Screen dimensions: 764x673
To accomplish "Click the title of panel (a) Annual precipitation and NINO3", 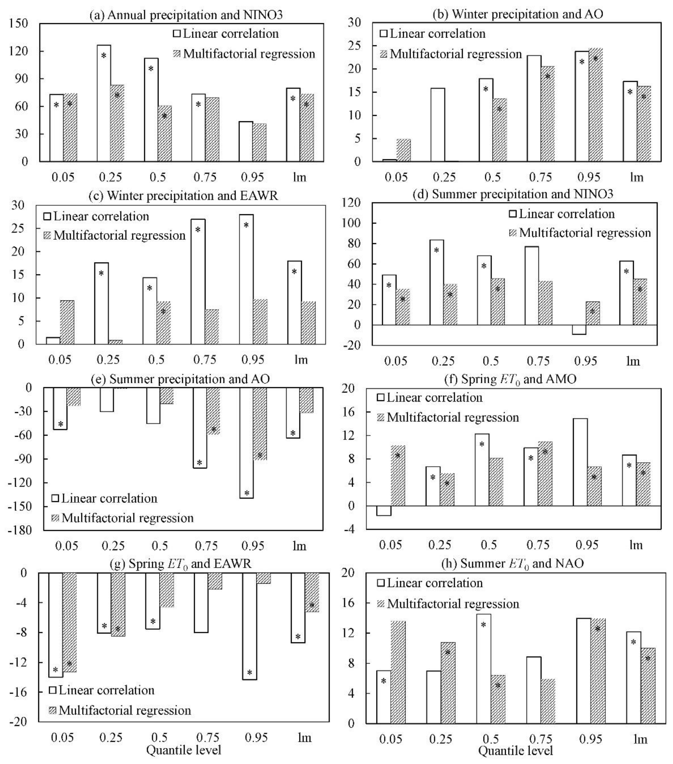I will click(186, 15).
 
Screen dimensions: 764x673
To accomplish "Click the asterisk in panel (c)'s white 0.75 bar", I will click(198, 229).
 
